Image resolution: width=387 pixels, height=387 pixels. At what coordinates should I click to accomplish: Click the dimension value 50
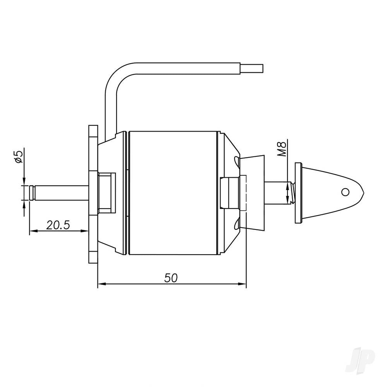pos(171,278)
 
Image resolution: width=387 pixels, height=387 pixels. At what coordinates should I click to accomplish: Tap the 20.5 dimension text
pos(58,225)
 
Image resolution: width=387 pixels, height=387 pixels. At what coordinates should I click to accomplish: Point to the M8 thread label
pos(283,149)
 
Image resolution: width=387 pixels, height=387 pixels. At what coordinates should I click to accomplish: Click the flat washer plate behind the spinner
pos(298,193)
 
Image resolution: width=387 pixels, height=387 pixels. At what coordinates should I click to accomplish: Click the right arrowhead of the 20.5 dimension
pos(85,231)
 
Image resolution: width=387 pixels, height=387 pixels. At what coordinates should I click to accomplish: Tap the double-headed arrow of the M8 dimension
pos(287,193)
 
